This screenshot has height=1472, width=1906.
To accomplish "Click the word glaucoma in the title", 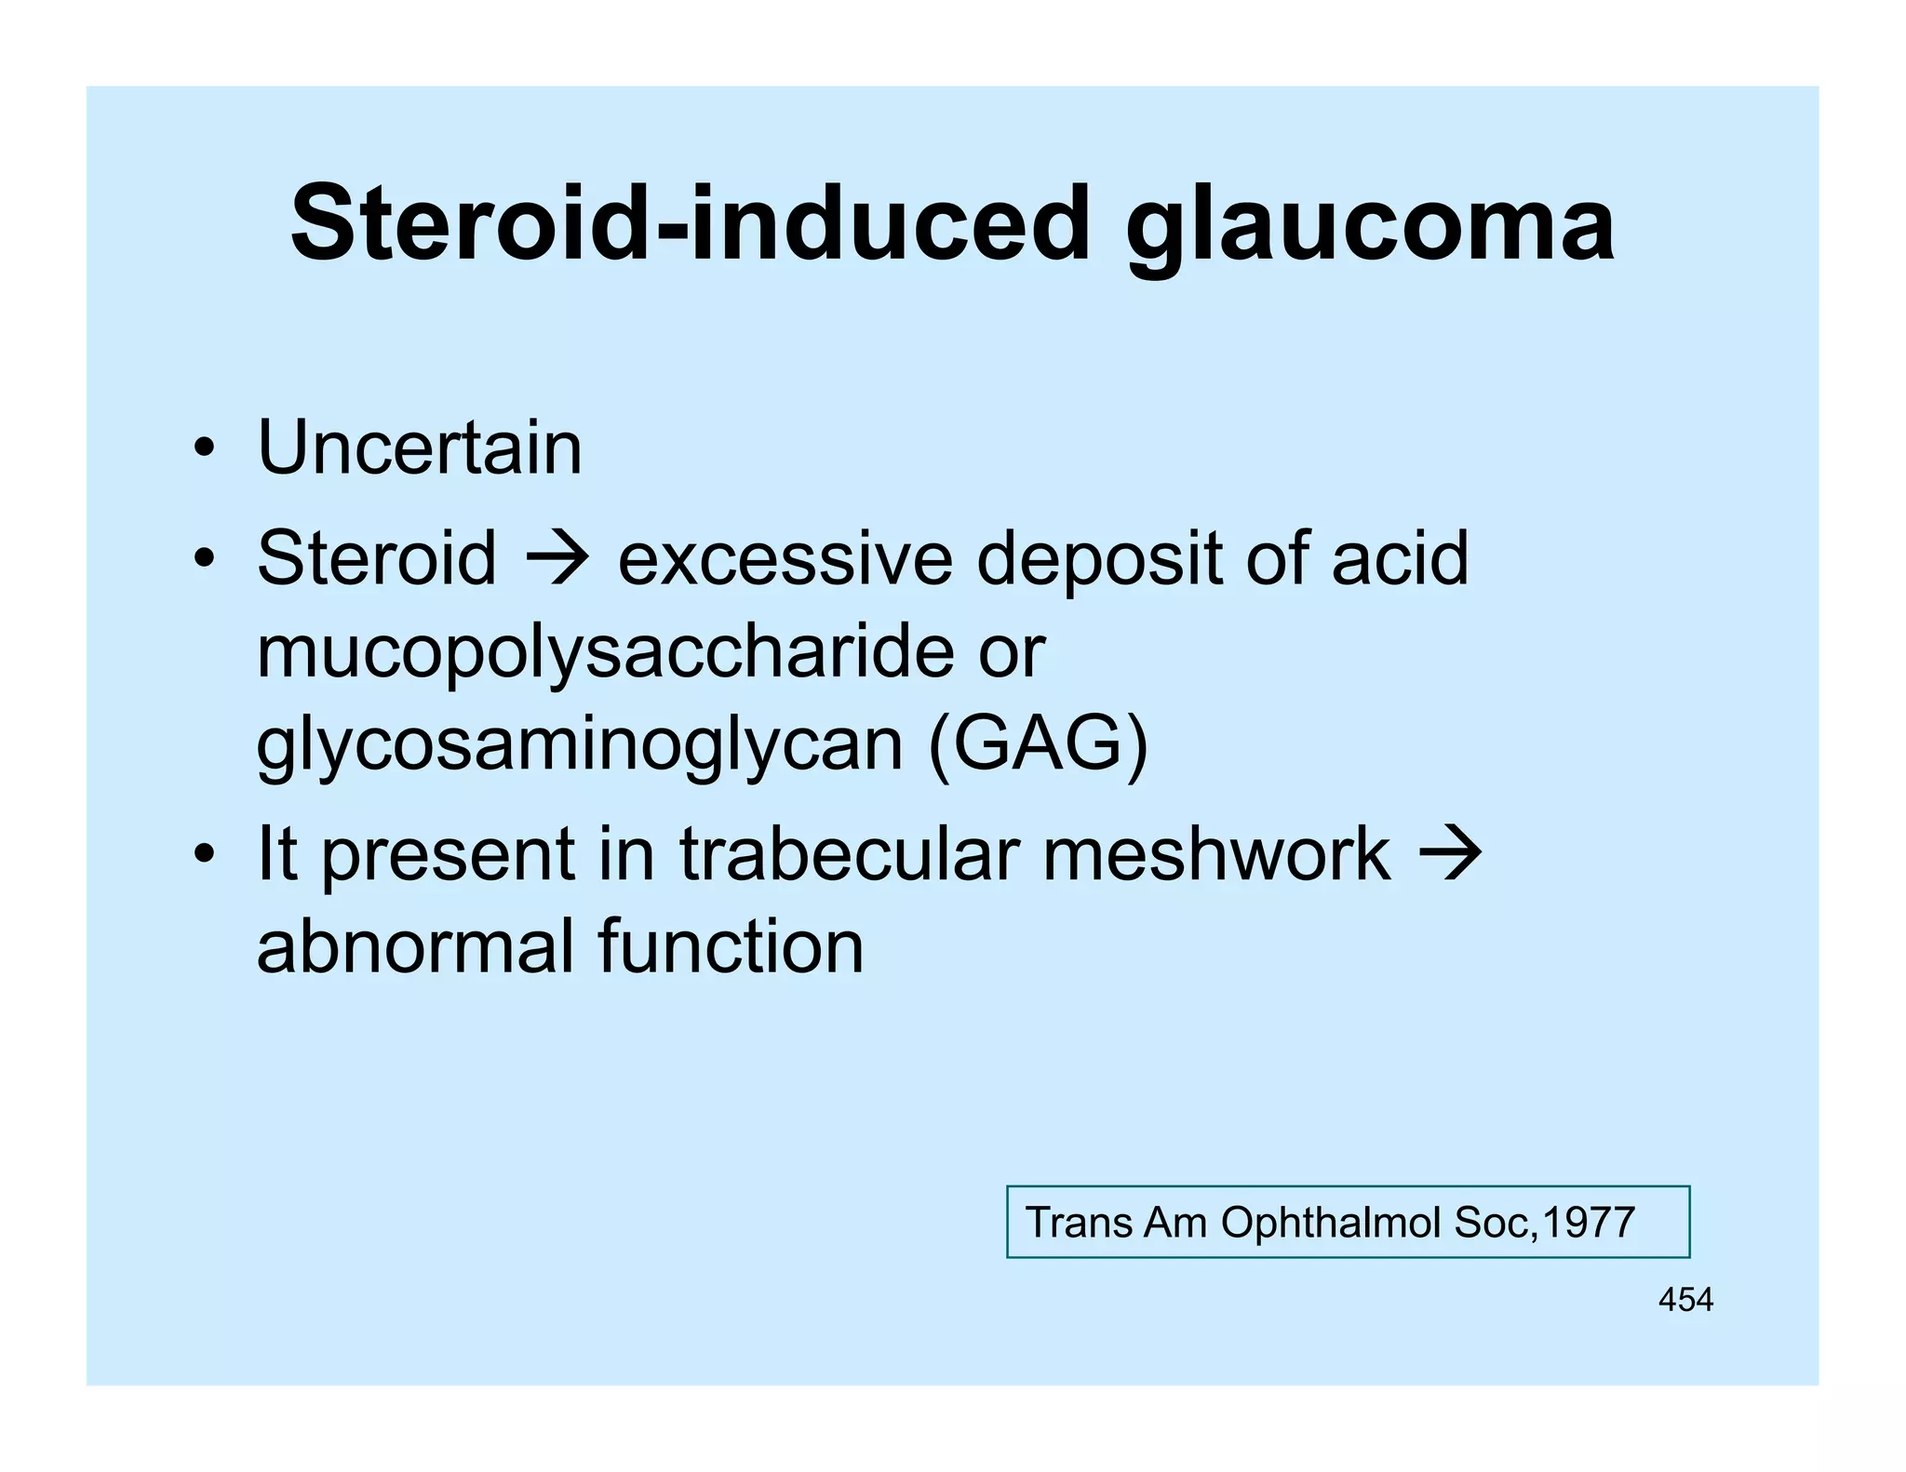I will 1370,226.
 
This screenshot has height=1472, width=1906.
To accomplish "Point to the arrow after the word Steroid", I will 557,558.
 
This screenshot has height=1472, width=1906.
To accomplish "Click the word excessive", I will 785,558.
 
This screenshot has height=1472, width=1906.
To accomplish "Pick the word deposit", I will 1099,560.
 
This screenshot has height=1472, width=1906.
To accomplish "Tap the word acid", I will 1400,558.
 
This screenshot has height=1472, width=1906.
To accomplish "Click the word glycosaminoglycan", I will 580,746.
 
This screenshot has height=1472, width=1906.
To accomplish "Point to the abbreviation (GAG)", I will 1039,744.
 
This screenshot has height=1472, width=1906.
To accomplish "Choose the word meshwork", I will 1216,854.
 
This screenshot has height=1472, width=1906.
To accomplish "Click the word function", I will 731,947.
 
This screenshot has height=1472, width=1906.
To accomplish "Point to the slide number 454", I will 1685,1300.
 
